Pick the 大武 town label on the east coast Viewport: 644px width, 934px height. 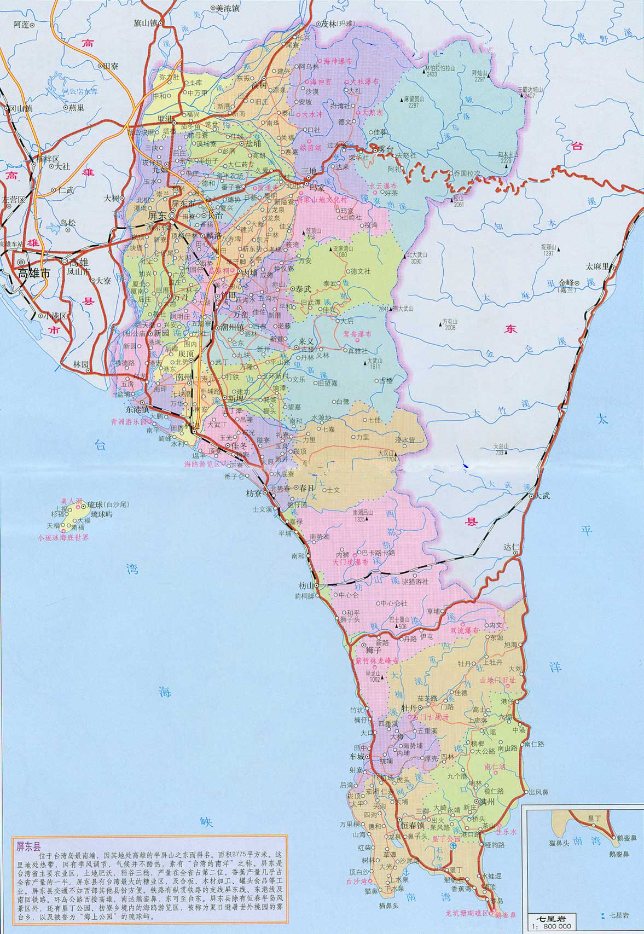[x=542, y=496]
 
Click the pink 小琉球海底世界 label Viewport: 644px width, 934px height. [x=63, y=537]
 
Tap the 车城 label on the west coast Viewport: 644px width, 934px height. [x=357, y=757]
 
